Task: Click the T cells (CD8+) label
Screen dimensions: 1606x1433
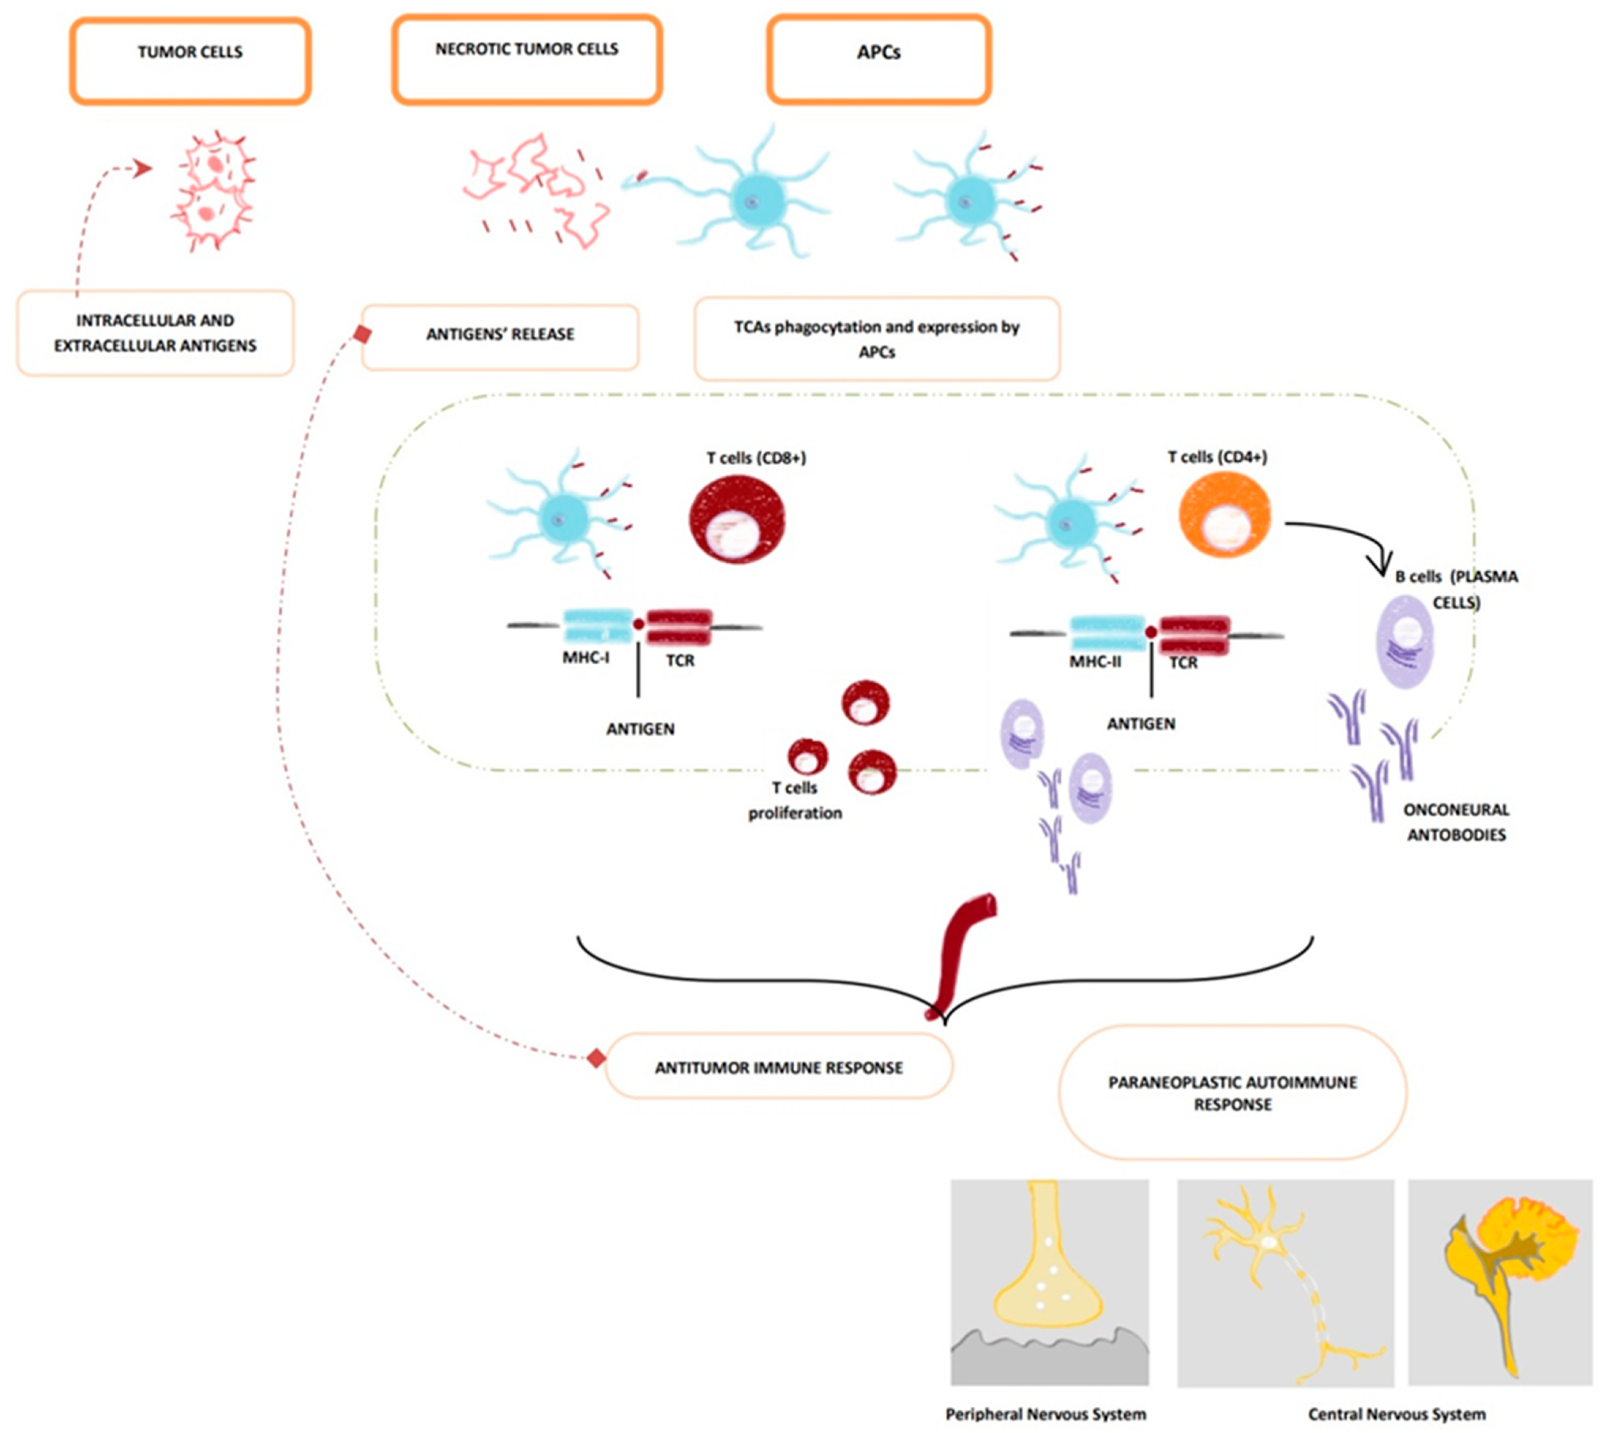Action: click(x=756, y=457)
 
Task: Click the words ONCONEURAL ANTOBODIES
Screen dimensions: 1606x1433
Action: click(x=1456, y=822)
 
